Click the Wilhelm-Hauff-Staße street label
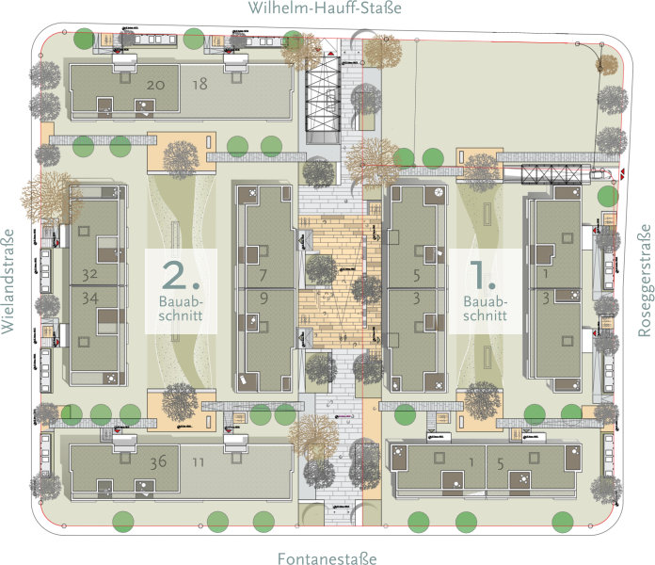point(325,8)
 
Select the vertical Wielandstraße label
point(8,282)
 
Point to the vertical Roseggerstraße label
point(645,280)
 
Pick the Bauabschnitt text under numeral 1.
point(485,309)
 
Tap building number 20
point(157,85)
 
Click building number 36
point(159,462)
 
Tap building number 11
point(198,462)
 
